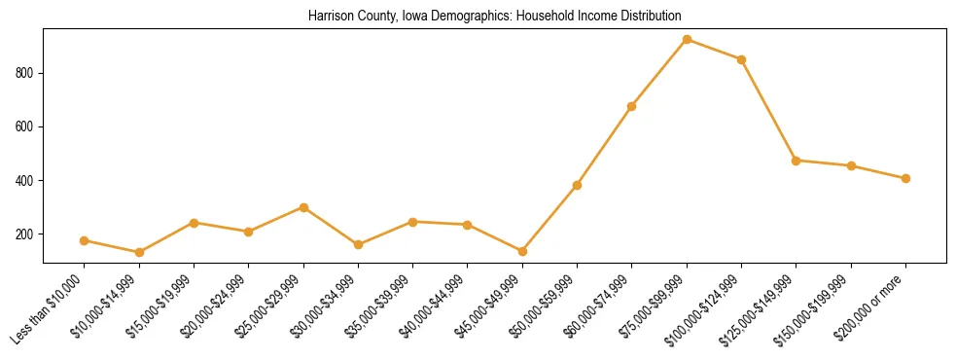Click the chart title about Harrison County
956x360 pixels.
click(x=494, y=17)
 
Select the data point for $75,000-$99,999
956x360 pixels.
click(x=687, y=40)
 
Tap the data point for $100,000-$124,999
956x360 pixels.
click(x=741, y=59)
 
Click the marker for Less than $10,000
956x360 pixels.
click(x=85, y=240)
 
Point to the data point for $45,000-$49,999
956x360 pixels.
click(x=522, y=251)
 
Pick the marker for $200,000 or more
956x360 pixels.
click(x=905, y=178)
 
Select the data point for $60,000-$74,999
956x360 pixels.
click(x=632, y=106)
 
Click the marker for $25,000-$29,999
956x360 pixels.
click(x=303, y=207)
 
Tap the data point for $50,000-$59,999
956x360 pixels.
click(x=577, y=185)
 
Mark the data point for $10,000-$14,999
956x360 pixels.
click(x=139, y=252)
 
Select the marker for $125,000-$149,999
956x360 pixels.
click(x=797, y=161)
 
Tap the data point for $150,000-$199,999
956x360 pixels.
click(x=851, y=165)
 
